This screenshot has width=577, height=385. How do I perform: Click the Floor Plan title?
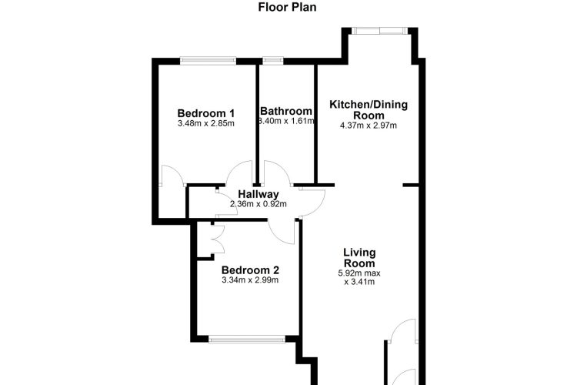[287, 7]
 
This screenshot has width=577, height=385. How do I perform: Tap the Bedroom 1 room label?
[205, 113]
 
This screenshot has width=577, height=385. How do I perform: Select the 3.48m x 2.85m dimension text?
[205, 123]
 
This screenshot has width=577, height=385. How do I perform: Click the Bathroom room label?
[286, 111]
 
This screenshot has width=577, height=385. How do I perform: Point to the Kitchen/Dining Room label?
[369, 110]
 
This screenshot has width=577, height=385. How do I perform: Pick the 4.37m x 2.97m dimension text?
[369, 126]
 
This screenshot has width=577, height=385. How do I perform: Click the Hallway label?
[258, 194]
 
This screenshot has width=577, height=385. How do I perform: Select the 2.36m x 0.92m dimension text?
[258, 204]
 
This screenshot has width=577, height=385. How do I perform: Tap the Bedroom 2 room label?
[250, 270]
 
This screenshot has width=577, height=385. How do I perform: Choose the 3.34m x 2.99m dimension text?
[250, 280]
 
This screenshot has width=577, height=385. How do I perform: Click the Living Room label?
[359, 258]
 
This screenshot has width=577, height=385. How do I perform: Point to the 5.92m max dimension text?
[359, 273]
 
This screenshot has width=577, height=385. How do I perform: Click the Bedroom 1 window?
[208, 61]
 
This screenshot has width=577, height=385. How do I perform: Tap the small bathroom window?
[272, 61]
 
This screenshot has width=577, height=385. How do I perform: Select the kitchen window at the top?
[379, 31]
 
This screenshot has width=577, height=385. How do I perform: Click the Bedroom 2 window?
[247, 339]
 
